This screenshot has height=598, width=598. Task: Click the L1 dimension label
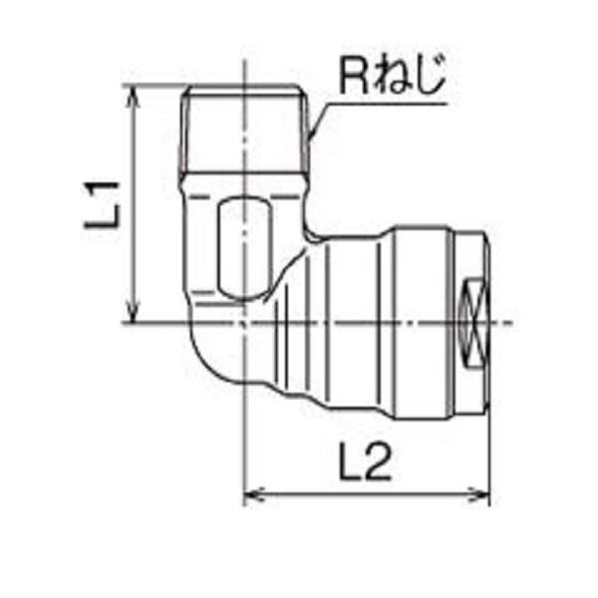(104, 203)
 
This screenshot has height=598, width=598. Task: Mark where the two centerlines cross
(244, 323)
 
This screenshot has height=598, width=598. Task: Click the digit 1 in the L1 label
(104, 187)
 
